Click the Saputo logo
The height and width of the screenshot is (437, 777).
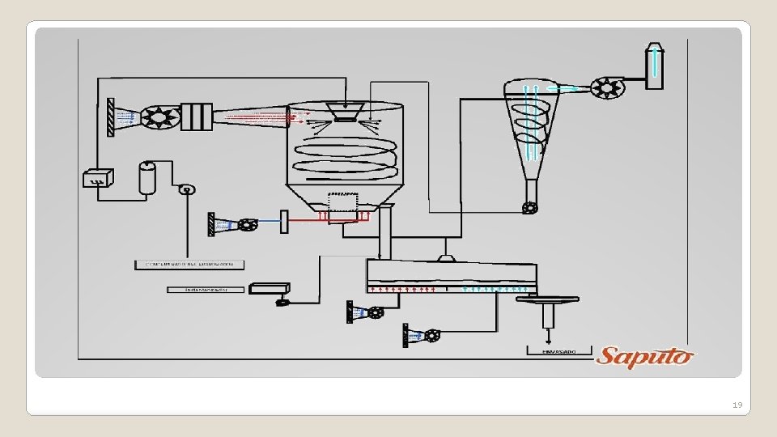(644, 355)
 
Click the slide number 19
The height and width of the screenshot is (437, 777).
(736, 405)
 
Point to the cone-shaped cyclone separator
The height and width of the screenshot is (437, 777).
(529, 121)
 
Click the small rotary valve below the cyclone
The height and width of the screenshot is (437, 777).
(529, 208)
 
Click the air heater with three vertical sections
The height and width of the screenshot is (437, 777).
(196, 117)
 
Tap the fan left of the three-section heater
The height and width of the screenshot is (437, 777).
(159, 117)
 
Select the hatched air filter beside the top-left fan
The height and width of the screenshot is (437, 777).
(110, 117)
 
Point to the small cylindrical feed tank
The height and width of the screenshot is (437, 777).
(146, 178)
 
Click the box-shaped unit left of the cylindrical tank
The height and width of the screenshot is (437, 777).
(98, 177)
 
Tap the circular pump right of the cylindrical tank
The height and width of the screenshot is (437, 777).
(187, 189)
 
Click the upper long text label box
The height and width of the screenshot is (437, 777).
(189, 264)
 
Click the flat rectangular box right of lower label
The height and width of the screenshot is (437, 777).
(270, 287)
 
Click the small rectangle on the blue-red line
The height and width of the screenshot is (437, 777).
(284, 221)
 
